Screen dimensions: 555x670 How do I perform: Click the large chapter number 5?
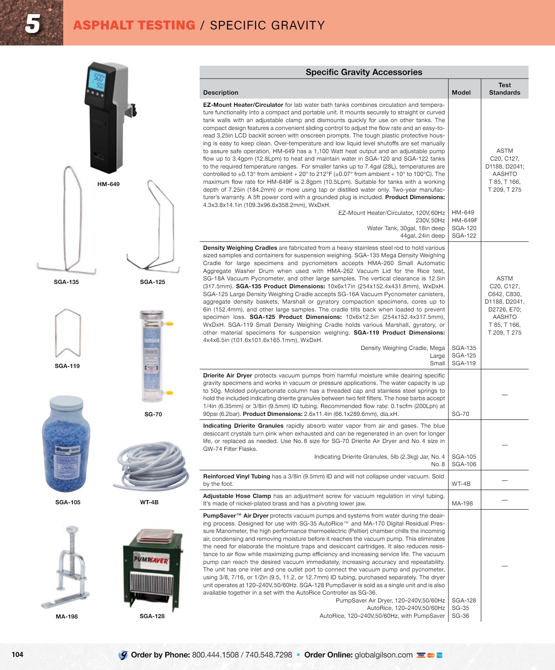click(33, 24)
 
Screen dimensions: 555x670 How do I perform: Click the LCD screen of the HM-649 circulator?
click(97, 81)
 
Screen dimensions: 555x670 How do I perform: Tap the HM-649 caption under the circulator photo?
click(108, 184)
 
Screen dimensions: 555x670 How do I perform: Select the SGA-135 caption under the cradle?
click(66, 282)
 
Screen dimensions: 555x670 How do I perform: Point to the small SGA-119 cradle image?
click(68, 333)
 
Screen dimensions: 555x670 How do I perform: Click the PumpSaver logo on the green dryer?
click(151, 559)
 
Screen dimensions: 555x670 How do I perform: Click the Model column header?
click(461, 93)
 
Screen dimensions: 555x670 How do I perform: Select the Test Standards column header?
click(505, 89)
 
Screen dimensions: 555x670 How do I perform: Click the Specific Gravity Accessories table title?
click(364, 72)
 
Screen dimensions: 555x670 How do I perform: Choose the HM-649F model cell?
click(465, 220)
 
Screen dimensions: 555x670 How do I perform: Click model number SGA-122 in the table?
click(464, 236)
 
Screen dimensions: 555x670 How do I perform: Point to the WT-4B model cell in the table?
click(461, 484)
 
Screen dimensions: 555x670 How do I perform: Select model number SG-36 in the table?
click(460, 616)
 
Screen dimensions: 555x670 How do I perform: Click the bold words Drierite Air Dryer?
click(228, 375)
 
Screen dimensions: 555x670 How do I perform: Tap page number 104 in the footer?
click(17, 654)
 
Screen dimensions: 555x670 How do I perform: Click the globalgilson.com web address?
click(384, 655)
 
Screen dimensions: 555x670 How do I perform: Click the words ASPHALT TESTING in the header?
click(134, 25)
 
